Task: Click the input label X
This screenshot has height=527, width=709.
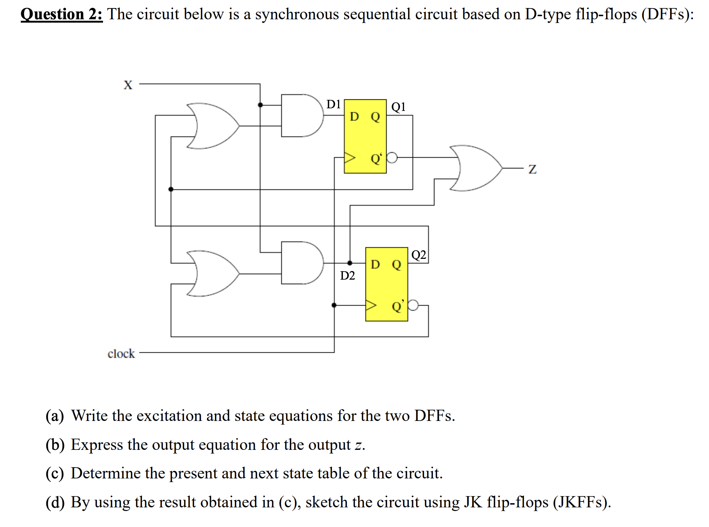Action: [x=128, y=85]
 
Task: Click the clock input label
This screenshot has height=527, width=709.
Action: [x=121, y=353]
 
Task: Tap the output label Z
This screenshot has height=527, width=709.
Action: [x=532, y=169]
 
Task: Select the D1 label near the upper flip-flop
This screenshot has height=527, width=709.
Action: [x=333, y=104]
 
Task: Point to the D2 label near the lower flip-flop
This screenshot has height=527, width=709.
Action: [x=347, y=276]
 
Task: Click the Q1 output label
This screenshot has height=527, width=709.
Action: [x=398, y=107]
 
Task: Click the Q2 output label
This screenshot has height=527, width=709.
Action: [x=419, y=255]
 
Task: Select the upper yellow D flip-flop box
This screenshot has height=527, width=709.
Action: [x=365, y=136]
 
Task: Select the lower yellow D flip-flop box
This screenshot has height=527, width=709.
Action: [x=386, y=284]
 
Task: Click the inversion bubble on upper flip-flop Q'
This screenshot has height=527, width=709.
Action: [x=392, y=158]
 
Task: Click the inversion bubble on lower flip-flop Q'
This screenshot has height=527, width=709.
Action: [x=413, y=305]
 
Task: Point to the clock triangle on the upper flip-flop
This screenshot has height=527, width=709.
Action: [x=349, y=158]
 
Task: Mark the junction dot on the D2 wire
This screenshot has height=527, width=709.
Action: [x=349, y=263]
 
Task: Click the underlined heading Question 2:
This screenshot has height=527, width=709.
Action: [x=62, y=14]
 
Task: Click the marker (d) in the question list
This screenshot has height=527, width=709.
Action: [x=55, y=503]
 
